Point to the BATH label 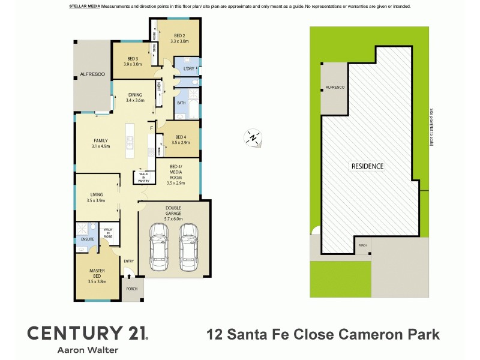tap(181, 103)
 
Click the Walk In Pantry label tap(143, 177)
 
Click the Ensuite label tap(83, 239)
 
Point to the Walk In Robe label tap(108, 233)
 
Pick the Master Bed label tap(97, 273)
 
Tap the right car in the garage tap(188, 247)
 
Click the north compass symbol tap(253, 138)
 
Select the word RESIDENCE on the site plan tap(367, 166)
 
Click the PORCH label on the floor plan tap(131, 289)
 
